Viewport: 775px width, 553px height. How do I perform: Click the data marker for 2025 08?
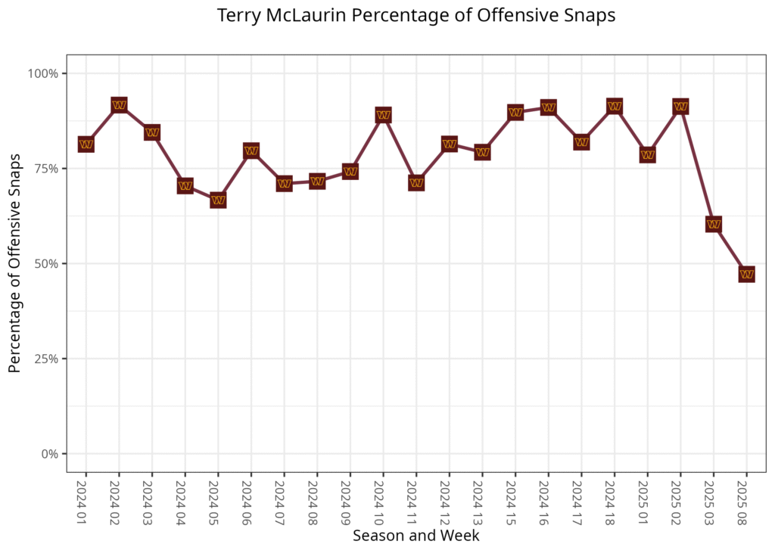pyautogui.click(x=746, y=274)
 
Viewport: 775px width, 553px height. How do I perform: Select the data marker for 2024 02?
pyautogui.click(x=119, y=104)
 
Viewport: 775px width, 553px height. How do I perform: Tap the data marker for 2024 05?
pyautogui.click(x=218, y=200)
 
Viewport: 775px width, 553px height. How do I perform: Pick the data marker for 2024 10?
pyautogui.click(x=383, y=115)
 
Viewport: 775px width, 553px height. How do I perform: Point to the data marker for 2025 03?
pyautogui.click(x=713, y=224)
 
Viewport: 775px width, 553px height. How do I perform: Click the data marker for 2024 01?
pyautogui.click(x=86, y=144)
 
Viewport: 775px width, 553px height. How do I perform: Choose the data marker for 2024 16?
pyautogui.click(x=548, y=107)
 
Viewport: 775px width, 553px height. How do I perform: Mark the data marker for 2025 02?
pyautogui.click(x=680, y=107)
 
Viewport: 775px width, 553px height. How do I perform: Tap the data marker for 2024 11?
pyautogui.click(x=416, y=183)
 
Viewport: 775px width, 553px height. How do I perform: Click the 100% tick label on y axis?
pyautogui.click(x=43, y=73)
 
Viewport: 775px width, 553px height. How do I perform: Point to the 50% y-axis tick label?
pyautogui.click(x=46, y=264)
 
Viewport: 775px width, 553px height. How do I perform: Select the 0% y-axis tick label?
pyautogui.click(x=49, y=454)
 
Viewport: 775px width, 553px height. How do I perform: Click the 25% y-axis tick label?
pyautogui.click(x=46, y=359)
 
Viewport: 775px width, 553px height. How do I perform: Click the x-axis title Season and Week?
pyautogui.click(x=416, y=536)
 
